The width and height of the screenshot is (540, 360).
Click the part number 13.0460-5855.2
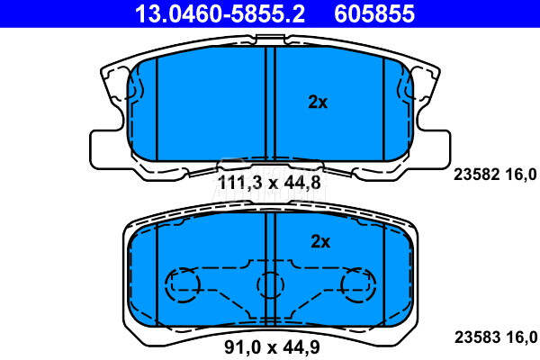pos(220,13)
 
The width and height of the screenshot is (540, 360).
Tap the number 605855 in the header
pos(374,13)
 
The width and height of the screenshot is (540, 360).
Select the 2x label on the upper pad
pos(318,102)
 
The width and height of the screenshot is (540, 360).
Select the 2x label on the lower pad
pos(320,241)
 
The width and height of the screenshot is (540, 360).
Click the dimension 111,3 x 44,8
pos(270,183)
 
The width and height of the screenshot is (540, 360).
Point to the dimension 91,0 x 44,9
pos(272,346)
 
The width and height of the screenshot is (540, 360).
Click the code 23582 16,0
pos(495,175)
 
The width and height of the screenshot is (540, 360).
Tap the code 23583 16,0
pos(496,337)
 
